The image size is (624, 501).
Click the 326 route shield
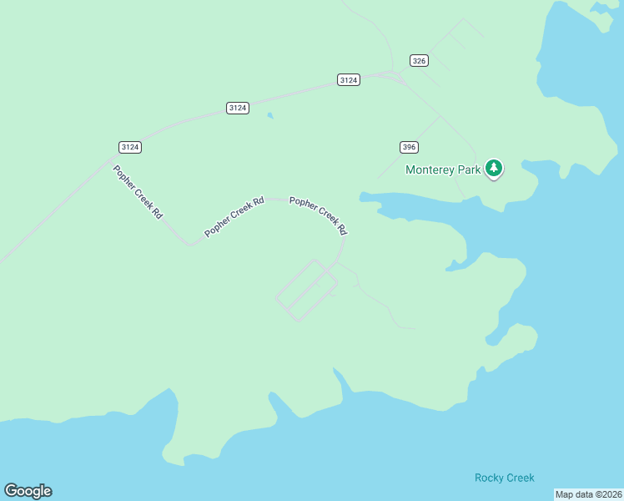pyautogui.click(x=420, y=60)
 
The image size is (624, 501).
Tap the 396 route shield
pyautogui.click(x=408, y=147)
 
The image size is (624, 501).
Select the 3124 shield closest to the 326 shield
pyautogui.click(x=349, y=79)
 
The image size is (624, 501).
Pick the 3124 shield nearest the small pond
pyautogui.click(x=238, y=108)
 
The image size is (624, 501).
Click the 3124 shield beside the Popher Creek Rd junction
pyautogui.click(x=129, y=147)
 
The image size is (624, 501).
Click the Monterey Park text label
pyautogui.click(x=442, y=170)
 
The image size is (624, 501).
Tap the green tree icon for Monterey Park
pyautogui.click(x=495, y=169)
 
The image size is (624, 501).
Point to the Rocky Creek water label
pyautogui.click(x=504, y=478)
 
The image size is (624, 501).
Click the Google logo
pyautogui.click(x=28, y=491)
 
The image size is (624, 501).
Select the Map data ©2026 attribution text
pyautogui.click(x=587, y=494)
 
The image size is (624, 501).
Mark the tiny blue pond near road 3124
pyautogui.click(x=269, y=116)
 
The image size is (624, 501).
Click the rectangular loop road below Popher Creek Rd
pyautogui.click(x=305, y=290)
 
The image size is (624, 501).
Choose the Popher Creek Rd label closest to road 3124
pyautogui.click(x=138, y=191)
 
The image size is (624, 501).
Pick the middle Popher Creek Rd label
pyautogui.click(x=234, y=216)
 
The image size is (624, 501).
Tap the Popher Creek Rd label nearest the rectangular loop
pyautogui.click(x=318, y=214)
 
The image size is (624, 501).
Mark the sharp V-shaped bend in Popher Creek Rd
pyautogui.click(x=191, y=245)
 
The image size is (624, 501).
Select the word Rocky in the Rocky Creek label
pyautogui.click(x=490, y=478)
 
